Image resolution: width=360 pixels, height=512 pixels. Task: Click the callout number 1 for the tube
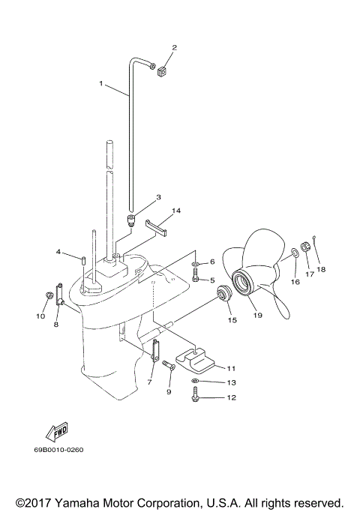point(102,84)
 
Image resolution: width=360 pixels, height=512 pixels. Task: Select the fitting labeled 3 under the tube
point(130,220)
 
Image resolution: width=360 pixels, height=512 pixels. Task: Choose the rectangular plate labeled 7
point(155,351)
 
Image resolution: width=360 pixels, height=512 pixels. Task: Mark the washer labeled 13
point(196,382)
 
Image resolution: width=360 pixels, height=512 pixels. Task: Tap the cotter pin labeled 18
point(317,238)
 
